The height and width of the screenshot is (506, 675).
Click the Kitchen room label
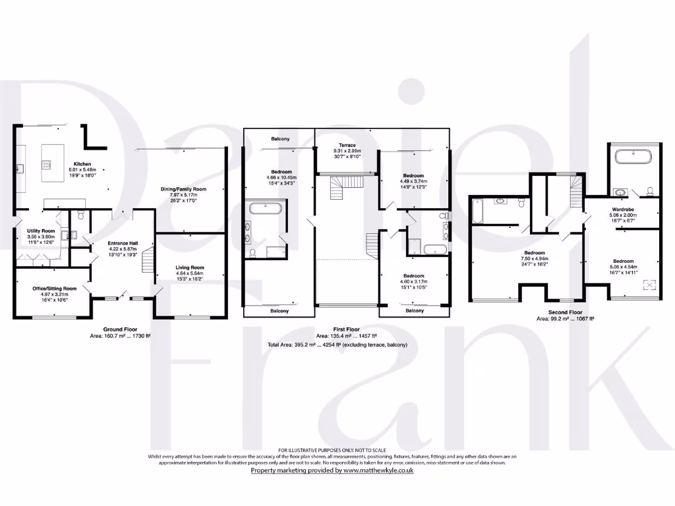click(x=82, y=163)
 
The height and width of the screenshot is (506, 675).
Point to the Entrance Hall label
click(x=123, y=243)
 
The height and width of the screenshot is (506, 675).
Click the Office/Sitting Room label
click(x=55, y=288)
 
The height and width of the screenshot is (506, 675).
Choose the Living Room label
click(x=190, y=267)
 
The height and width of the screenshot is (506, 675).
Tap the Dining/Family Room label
click(x=184, y=189)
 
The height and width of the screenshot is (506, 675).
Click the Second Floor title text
click(x=565, y=312)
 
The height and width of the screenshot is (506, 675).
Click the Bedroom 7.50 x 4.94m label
click(x=535, y=252)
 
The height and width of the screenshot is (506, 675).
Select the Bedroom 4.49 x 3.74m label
click(x=414, y=176)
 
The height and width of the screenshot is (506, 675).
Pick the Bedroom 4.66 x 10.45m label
click(x=281, y=172)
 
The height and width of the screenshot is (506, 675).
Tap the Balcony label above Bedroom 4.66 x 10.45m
click(x=279, y=139)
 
